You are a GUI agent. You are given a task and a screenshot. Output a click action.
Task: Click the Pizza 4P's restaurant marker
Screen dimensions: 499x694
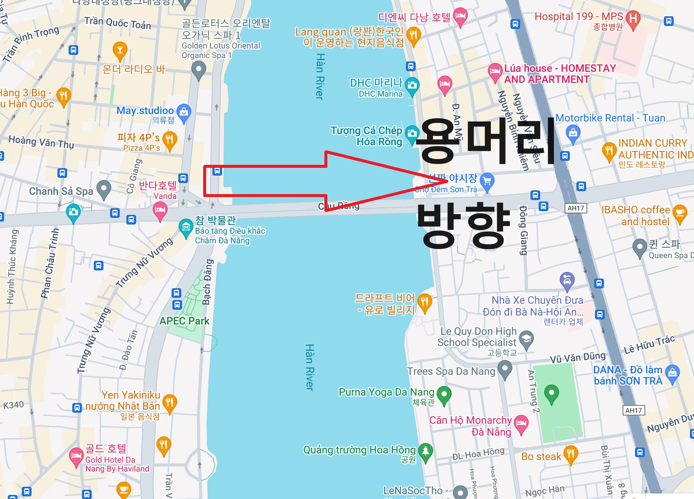click(x=169, y=140)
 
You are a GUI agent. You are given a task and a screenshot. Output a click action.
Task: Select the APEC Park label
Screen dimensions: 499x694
click(x=184, y=321)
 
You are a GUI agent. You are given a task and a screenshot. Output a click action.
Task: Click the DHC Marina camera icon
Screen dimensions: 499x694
click(x=412, y=85)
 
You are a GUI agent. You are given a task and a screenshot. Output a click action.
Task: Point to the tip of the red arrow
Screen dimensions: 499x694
click(x=447, y=181)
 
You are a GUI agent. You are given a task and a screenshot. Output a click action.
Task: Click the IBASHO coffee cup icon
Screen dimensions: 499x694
click(x=680, y=213)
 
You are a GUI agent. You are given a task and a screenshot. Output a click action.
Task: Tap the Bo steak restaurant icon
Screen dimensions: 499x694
click(x=571, y=453)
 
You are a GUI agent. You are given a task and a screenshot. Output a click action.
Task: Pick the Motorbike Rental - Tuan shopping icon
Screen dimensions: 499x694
click(x=573, y=133)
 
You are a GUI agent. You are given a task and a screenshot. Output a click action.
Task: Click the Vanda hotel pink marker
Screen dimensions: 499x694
click(x=160, y=210)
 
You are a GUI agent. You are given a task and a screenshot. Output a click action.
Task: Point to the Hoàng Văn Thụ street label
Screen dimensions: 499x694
click(x=41, y=142)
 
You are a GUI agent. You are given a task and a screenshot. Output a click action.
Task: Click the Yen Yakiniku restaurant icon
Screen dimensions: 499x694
click(x=169, y=402)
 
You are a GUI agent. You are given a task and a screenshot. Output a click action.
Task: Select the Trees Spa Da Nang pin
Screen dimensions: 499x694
click(x=505, y=369)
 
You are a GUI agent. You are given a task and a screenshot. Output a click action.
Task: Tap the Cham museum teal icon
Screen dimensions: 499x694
click(x=186, y=227)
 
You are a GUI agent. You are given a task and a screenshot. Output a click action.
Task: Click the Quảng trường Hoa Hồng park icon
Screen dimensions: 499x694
click(x=426, y=451)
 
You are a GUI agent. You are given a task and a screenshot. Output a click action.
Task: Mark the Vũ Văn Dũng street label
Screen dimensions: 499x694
click(x=577, y=357)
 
